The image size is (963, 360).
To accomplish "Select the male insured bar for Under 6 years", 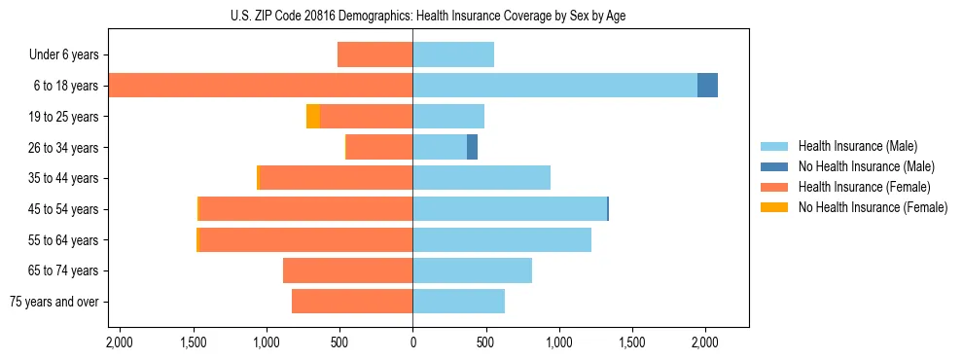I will [x=453, y=54].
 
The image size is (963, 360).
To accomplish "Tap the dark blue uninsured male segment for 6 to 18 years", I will [x=707, y=86].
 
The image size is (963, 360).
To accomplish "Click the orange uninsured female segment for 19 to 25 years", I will [x=313, y=117].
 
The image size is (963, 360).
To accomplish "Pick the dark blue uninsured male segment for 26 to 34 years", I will [x=472, y=147].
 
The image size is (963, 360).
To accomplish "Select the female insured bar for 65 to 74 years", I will [x=347, y=270].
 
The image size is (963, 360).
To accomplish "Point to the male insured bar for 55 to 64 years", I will [x=502, y=239].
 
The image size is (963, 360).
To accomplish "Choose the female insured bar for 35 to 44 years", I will [x=337, y=178].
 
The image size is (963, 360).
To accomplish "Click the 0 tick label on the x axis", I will [x=412, y=342].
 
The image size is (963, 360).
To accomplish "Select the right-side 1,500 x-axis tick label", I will [x=632, y=342].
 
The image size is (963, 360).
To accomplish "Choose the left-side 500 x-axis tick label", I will [x=339, y=342].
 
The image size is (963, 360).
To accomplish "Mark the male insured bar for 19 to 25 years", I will [x=448, y=117].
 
